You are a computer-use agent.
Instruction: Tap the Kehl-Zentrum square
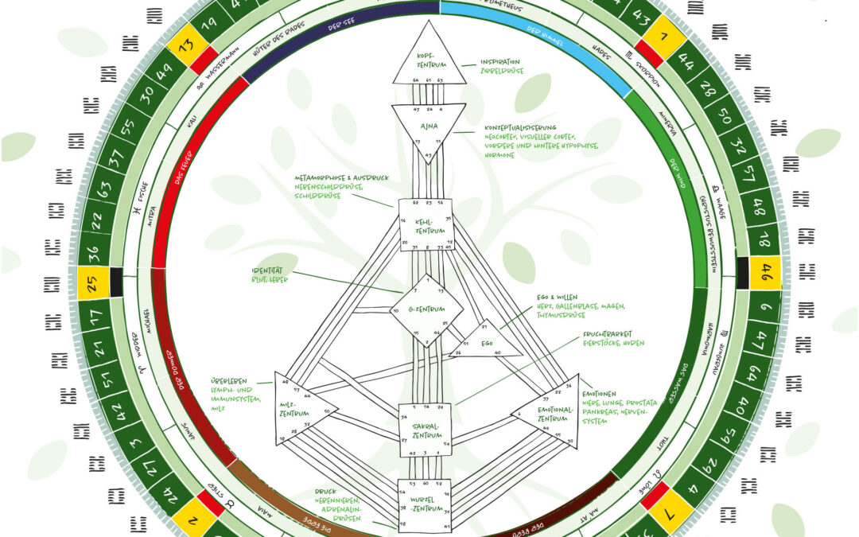point(426,225)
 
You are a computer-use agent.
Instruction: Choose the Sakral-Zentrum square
point(425,430)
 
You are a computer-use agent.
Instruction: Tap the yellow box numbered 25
point(93,282)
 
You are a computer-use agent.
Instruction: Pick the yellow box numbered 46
point(765,272)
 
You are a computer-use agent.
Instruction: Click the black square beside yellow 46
point(743,272)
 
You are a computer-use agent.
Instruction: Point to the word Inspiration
point(500,62)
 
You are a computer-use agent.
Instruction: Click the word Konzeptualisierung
point(520,127)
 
